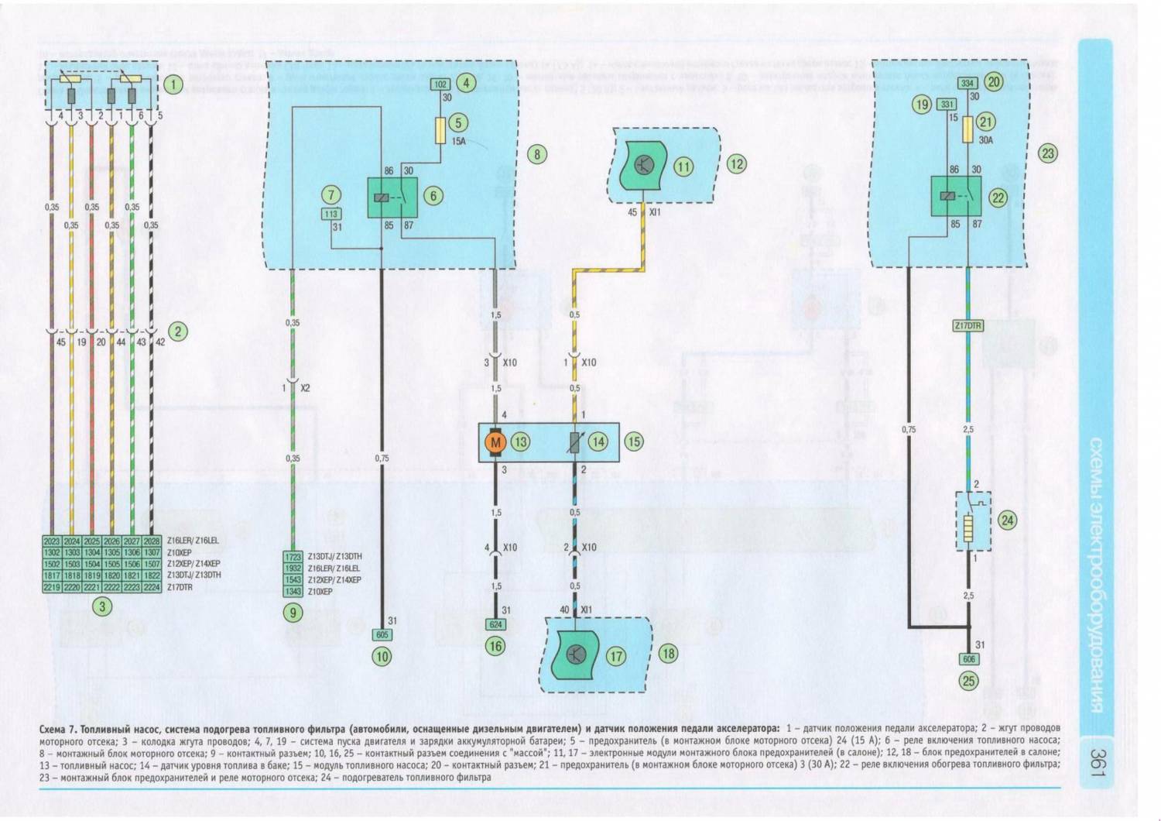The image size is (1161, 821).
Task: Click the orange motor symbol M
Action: pos(495,442)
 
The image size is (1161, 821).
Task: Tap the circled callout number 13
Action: pos(520,442)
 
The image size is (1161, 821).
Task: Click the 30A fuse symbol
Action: pos(967,130)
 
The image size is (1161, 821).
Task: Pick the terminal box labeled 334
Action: pos(967,83)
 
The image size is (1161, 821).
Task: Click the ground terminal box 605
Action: pos(382,634)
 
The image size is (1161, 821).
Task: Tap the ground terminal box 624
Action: pos(495,624)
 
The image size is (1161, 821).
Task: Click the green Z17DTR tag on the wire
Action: pos(967,326)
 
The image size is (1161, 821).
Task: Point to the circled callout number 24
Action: pos(1007,520)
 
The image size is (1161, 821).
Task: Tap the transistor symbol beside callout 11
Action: pos(644,164)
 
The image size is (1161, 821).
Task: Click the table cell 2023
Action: pos(52,542)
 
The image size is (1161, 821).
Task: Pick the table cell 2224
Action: pos(152,587)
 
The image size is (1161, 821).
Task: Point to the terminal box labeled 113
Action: pos(331,215)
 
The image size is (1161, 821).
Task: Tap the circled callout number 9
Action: pos(293,613)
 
